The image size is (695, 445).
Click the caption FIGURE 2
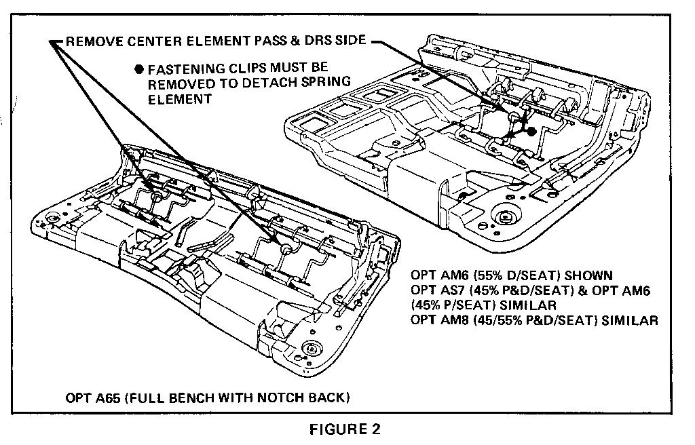point(346,429)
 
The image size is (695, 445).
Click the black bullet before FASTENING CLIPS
point(139,69)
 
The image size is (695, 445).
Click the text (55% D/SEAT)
point(517,275)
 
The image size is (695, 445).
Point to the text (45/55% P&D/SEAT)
point(530,320)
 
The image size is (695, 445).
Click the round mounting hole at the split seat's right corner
point(504,218)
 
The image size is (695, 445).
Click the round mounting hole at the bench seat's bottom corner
point(312,349)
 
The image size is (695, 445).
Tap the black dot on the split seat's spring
point(532,130)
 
